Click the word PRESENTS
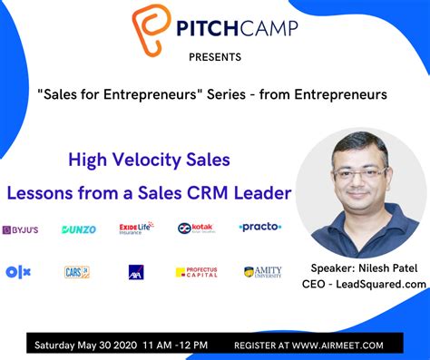pyautogui.click(x=215, y=58)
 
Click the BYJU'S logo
pyautogui.click(x=20, y=229)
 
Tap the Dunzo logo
pyautogui.click(x=79, y=229)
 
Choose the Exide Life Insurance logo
pyautogui.click(x=136, y=228)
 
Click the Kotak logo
pyautogui.click(x=195, y=229)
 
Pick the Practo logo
pyautogui.click(x=260, y=227)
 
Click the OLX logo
pyautogui.click(x=18, y=271)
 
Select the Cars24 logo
pyautogui.click(x=77, y=271)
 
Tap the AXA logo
pyautogui.click(x=136, y=271)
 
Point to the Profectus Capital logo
pyautogui.click(x=196, y=271)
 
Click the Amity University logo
pyautogui.click(x=263, y=271)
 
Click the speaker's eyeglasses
pyautogui.click(x=357, y=171)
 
